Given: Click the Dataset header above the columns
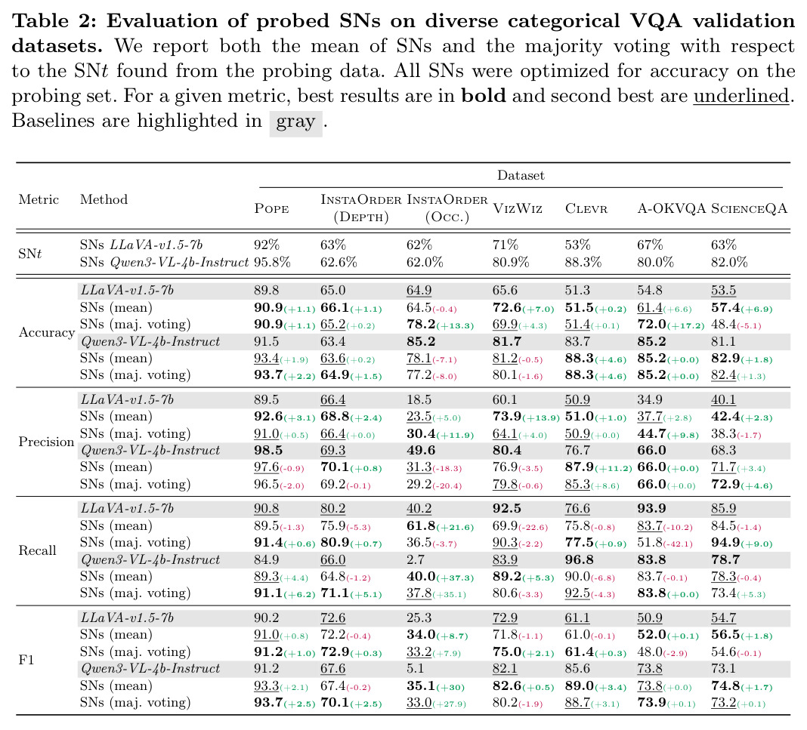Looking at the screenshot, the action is [521, 175].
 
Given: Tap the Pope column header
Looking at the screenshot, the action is [271, 208].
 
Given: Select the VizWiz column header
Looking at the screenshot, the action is [518, 208].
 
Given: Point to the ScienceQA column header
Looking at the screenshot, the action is [749, 208].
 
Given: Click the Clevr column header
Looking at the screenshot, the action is [586, 208].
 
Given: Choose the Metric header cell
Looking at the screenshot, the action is [39, 199].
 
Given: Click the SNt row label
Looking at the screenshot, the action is [30, 254].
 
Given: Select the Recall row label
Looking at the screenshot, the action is [37, 550].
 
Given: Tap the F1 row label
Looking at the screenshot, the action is [26, 660].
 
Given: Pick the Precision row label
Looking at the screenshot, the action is [46, 442].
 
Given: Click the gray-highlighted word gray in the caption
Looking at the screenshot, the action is [295, 122].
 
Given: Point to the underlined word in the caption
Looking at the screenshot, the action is [741, 96].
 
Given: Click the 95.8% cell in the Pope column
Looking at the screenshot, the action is [272, 262].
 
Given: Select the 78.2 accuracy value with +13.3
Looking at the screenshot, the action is [421, 325].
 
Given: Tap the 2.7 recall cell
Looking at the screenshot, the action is [416, 559].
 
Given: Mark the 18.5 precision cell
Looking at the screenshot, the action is [419, 399].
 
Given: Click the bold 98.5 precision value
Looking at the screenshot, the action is [268, 450].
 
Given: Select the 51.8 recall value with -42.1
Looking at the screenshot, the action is [650, 542].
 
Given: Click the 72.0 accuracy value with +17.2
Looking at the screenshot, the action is [651, 325].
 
